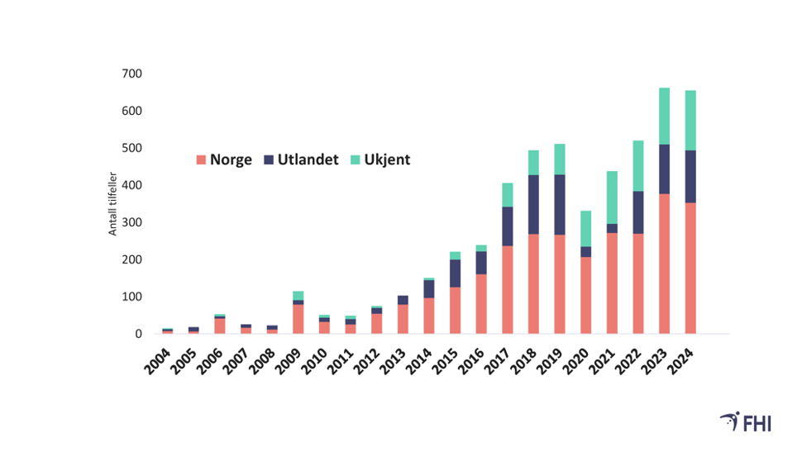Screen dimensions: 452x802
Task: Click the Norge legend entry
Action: point(224,160)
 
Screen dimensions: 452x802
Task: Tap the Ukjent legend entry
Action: point(380,160)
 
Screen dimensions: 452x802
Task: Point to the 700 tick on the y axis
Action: point(131,74)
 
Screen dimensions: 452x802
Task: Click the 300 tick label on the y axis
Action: point(131,223)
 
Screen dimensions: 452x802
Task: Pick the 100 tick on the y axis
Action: point(131,297)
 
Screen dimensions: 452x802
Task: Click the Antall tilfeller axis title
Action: point(113,203)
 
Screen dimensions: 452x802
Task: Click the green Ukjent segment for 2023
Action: point(664,116)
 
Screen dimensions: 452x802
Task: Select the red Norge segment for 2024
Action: point(690,269)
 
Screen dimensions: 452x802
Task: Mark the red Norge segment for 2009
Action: point(298,319)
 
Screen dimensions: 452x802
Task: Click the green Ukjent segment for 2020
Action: point(585,228)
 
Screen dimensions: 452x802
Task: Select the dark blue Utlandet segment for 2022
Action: point(638,212)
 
